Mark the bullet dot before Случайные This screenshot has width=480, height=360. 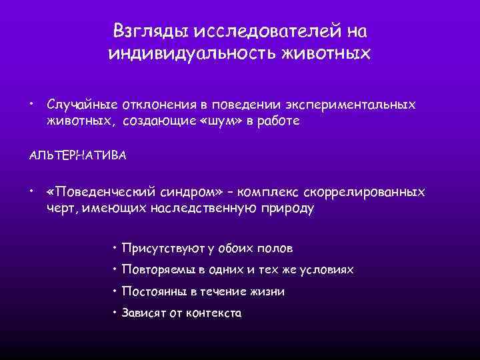(31, 104)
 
